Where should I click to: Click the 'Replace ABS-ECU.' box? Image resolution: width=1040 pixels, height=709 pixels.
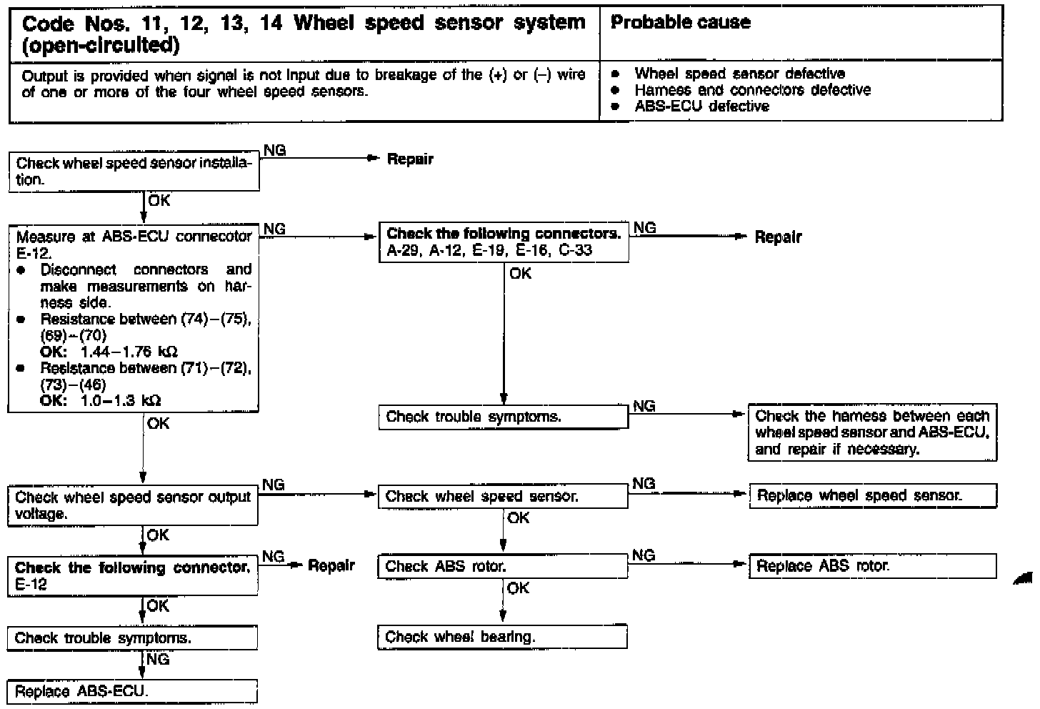pyautogui.click(x=132, y=692)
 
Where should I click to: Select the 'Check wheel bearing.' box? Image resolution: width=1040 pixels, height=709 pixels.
pyautogui.click(x=502, y=637)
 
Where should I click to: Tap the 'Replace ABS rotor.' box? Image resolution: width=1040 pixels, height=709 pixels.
pyautogui.click(x=872, y=566)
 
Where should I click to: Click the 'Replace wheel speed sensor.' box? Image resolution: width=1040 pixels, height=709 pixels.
pyautogui.click(x=872, y=495)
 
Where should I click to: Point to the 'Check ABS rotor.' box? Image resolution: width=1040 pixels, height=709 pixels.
pyautogui.click(x=502, y=567)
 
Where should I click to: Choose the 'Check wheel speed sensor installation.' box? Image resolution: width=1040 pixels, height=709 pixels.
pyautogui.click(x=134, y=172)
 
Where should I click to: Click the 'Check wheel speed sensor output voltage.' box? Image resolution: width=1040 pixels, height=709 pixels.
pyautogui.click(x=133, y=505)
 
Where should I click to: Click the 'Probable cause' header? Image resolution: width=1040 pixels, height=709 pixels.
pyautogui.click(x=681, y=22)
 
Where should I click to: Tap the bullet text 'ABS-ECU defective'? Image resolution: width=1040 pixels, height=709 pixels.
pyautogui.click(x=701, y=106)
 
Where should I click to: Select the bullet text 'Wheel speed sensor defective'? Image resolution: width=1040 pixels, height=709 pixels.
pyautogui.click(x=739, y=74)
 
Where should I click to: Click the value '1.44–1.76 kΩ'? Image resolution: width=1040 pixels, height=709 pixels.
pyautogui.click(x=129, y=352)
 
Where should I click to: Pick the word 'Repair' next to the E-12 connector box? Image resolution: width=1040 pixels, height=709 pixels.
pyautogui.click(x=331, y=565)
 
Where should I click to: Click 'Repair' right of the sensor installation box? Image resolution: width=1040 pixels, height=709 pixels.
pyautogui.click(x=410, y=159)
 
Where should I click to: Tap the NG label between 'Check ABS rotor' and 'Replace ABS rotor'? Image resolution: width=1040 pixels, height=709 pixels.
pyautogui.click(x=644, y=555)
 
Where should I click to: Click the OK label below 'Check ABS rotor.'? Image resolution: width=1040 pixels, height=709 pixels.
pyautogui.click(x=518, y=587)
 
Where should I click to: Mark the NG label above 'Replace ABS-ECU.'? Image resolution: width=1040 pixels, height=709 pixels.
pyautogui.click(x=158, y=659)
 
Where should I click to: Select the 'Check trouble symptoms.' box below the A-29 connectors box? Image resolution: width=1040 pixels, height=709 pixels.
pyautogui.click(x=503, y=417)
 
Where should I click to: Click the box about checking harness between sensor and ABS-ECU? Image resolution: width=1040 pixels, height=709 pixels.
pyautogui.click(x=872, y=432)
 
